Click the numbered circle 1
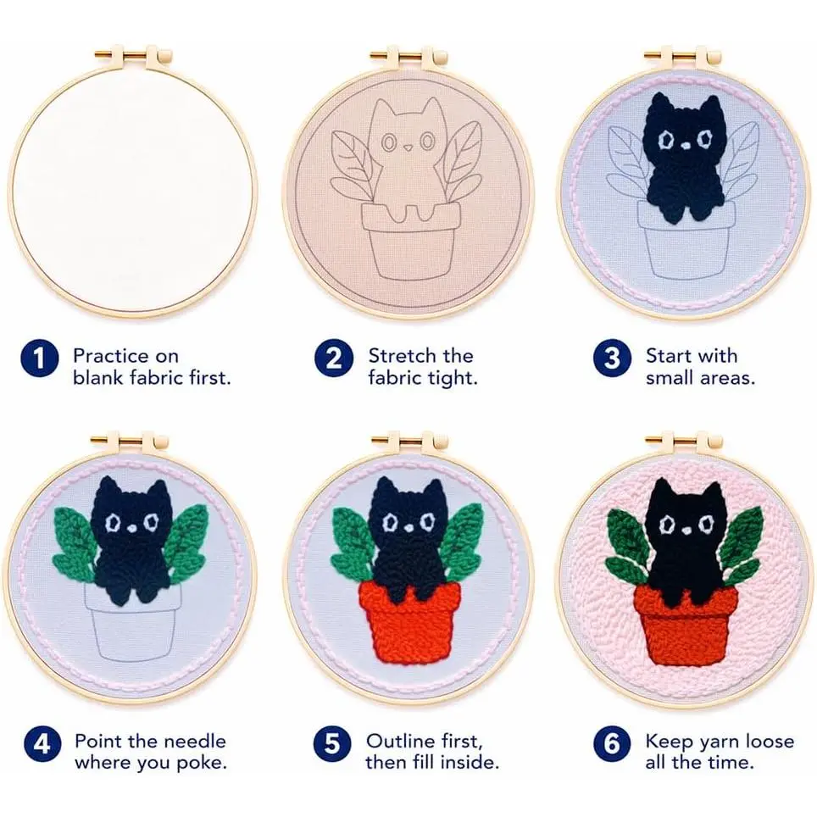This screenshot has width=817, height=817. (40, 358)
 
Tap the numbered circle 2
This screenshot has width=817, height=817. (334, 358)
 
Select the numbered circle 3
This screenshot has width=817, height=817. (612, 358)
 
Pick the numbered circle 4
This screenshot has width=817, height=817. (42, 743)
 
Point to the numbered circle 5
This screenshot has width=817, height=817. (332, 743)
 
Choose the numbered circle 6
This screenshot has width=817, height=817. (612, 743)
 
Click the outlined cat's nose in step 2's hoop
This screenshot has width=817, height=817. (408, 147)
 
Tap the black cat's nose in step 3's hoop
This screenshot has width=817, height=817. (685, 146)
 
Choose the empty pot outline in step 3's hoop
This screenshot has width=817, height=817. (686, 240)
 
